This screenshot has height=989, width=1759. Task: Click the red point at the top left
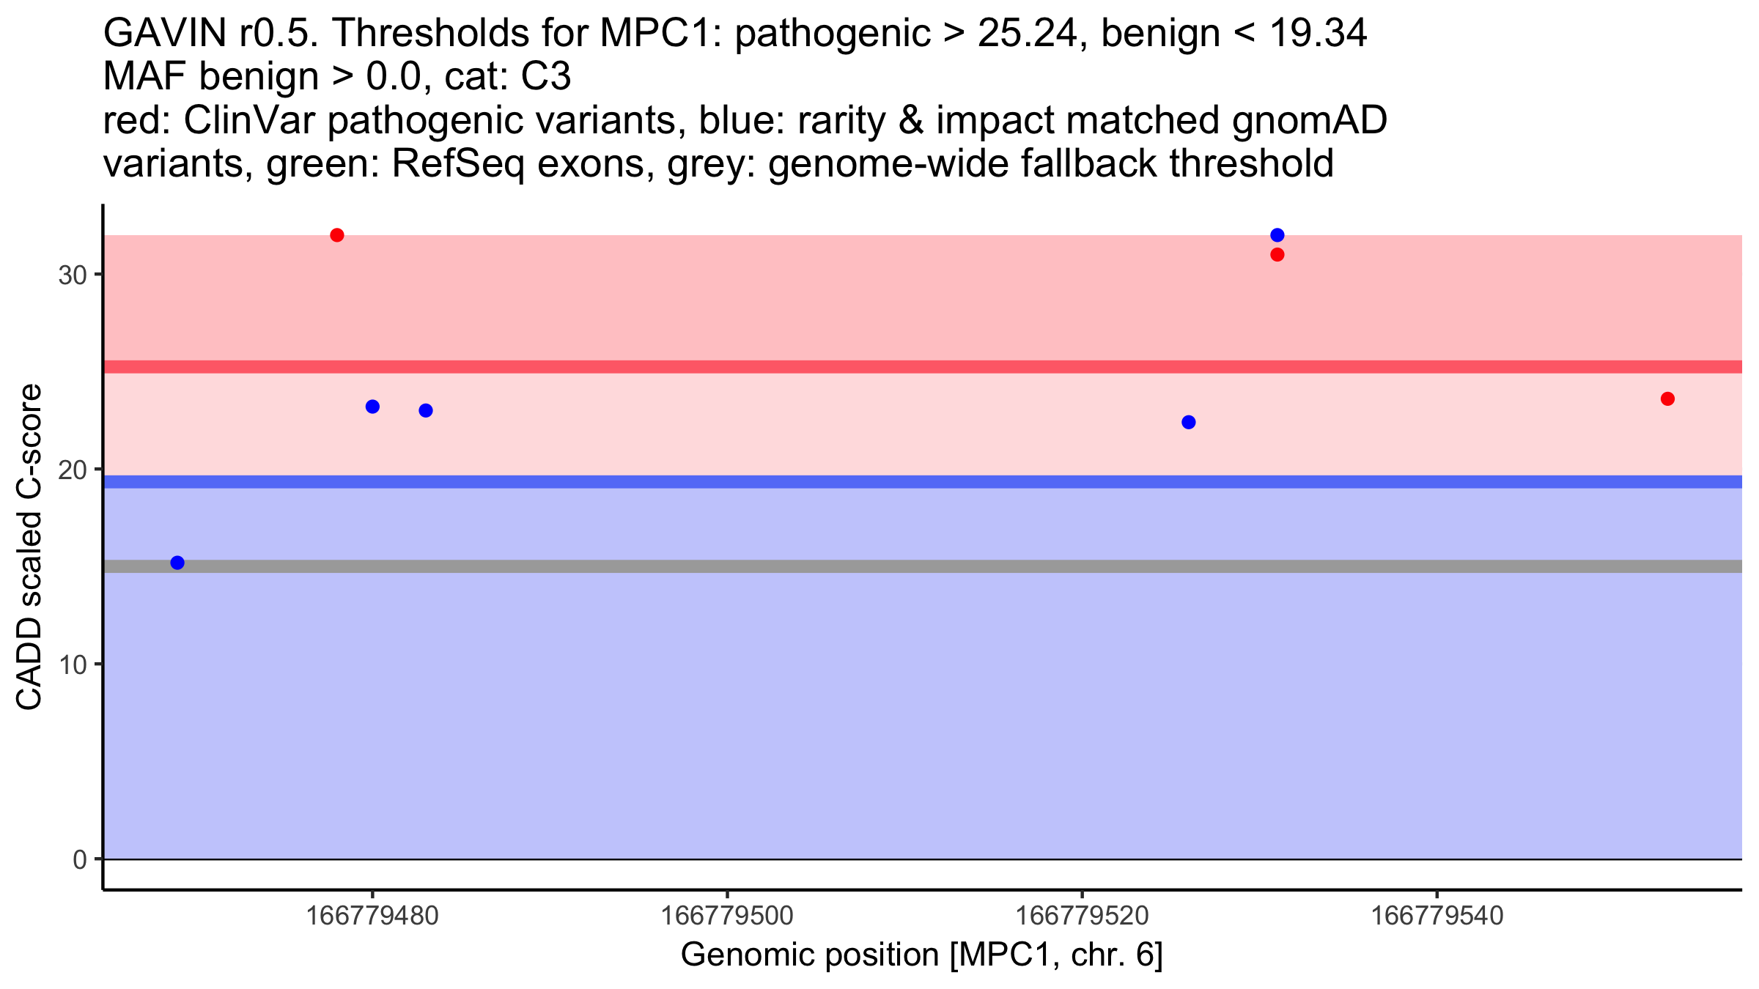click(x=337, y=235)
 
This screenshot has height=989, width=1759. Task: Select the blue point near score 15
click(x=177, y=563)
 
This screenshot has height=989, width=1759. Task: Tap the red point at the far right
click(x=1667, y=399)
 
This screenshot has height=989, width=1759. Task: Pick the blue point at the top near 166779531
click(x=1277, y=235)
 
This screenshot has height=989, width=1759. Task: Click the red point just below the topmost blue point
click(x=1277, y=255)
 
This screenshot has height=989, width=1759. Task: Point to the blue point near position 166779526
click(x=1189, y=422)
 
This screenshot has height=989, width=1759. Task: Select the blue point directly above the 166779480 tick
click(x=372, y=407)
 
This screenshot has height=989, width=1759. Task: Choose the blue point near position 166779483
click(x=426, y=410)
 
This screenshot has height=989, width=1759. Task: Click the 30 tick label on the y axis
click(x=72, y=275)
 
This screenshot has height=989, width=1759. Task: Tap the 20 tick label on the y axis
click(x=72, y=470)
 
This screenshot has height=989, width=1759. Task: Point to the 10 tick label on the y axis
click(x=72, y=664)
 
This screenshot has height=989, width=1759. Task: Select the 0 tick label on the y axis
click(x=79, y=859)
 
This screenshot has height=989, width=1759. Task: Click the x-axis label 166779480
click(x=372, y=916)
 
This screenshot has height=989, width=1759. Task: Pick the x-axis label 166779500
click(x=727, y=916)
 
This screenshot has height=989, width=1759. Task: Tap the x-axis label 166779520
click(x=1082, y=916)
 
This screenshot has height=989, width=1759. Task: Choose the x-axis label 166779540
click(x=1437, y=916)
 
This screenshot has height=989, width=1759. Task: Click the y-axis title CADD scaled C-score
click(x=29, y=548)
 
